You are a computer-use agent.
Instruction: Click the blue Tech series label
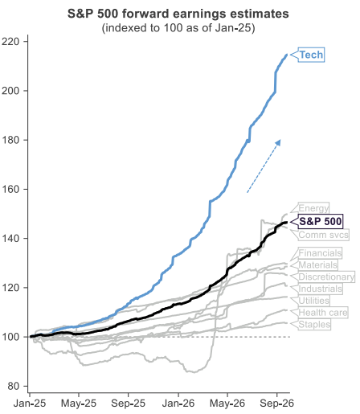[x=311, y=55]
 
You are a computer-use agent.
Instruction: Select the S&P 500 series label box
[x=321, y=221]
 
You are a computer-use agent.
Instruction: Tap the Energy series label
[x=313, y=208]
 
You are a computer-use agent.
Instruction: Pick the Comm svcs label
[x=324, y=235]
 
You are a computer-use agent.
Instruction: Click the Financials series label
[x=320, y=253]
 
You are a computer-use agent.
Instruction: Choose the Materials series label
[x=318, y=264]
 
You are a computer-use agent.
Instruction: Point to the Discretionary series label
[x=326, y=277]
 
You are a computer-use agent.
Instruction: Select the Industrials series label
[x=321, y=289]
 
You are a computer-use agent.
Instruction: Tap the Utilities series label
[x=314, y=301]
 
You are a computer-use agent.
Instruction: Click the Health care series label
[x=323, y=313]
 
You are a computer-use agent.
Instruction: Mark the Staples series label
[x=314, y=324]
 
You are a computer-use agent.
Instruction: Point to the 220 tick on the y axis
[x=10, y=42]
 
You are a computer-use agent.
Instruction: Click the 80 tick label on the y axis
[x=14, y=386]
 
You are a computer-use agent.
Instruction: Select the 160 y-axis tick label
[x=10, y=189]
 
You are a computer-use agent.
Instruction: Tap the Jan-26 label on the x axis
[x=178, y=404]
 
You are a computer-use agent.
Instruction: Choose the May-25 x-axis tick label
[x=79, y=404]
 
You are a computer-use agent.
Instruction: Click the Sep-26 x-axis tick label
[x=276, y=404]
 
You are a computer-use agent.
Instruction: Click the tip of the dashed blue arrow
[x=280, y=140]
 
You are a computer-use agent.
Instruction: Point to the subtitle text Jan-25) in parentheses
[x=238, y=27]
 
